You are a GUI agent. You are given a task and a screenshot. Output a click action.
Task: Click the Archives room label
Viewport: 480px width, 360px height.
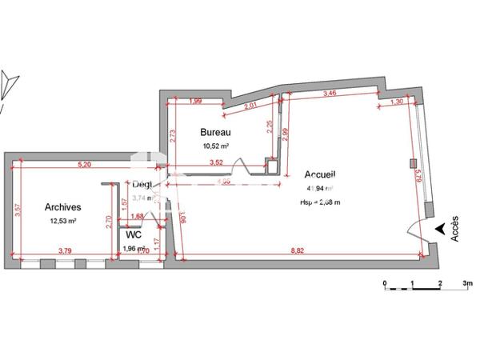(x=63, y=206)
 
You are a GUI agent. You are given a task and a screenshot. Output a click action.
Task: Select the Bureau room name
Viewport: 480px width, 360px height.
(x=215, y=132)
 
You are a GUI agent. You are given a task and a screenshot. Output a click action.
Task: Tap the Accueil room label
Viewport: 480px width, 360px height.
(x=320, y=174)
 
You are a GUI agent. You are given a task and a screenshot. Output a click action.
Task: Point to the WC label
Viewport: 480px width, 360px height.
(x=134, y=236)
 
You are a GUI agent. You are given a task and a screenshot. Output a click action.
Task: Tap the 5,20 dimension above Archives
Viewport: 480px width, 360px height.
(x=83, y=164)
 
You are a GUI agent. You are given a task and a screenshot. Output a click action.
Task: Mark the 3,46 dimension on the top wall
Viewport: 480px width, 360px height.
(x=329, y=94)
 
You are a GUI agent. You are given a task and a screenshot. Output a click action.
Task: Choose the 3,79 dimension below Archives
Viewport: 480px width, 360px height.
(x=66, y=251)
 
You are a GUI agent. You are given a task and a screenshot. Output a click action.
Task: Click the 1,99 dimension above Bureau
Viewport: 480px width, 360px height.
(x=195, y=101)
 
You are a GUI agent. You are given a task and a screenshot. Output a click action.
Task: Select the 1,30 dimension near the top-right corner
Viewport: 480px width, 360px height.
(x=397, y=102)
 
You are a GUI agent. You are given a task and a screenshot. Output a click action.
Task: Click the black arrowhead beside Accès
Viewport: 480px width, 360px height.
(x=439, y=230)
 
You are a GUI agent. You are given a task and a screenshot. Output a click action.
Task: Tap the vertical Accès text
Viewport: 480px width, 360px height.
(x=454, y=230)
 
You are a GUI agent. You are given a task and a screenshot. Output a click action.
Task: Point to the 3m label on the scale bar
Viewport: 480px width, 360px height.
(x=468, y=282)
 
